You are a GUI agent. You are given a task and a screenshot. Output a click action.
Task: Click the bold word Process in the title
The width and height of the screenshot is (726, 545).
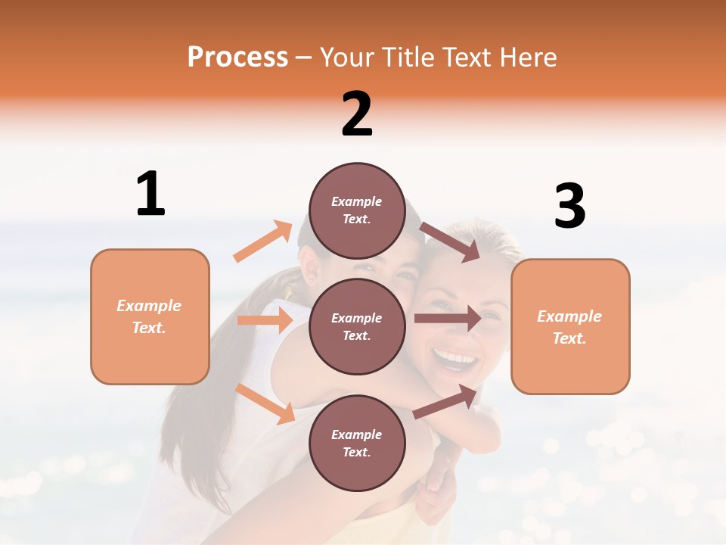[237, 58]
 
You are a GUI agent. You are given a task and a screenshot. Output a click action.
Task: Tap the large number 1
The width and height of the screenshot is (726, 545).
[150, 195]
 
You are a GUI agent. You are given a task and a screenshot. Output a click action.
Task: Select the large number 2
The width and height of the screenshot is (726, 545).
[357, 114]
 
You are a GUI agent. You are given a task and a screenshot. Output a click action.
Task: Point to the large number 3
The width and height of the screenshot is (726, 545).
[569, 207]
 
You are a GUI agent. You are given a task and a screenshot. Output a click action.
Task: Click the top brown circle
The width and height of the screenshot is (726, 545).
[357, 211]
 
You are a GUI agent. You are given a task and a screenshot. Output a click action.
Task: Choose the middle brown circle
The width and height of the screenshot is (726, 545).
[357, 327]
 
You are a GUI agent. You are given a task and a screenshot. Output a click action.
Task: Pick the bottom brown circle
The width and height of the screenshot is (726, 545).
[357, 444]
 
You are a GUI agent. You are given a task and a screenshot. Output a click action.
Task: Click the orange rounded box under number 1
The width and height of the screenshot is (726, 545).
[150, 316]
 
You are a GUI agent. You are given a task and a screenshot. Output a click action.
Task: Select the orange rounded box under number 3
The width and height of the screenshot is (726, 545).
[570, 327]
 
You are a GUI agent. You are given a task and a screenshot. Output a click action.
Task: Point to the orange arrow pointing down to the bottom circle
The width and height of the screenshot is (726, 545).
[265, 403]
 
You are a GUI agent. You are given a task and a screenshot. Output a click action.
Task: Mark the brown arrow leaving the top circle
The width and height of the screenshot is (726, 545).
[450, 241]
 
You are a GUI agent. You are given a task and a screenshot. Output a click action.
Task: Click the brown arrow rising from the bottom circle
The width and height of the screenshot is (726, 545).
[445, 401]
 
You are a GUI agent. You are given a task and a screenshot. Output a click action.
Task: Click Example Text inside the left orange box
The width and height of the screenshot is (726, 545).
[149, 316]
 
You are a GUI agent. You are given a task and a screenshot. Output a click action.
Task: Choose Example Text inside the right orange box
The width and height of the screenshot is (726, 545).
[569, 327]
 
